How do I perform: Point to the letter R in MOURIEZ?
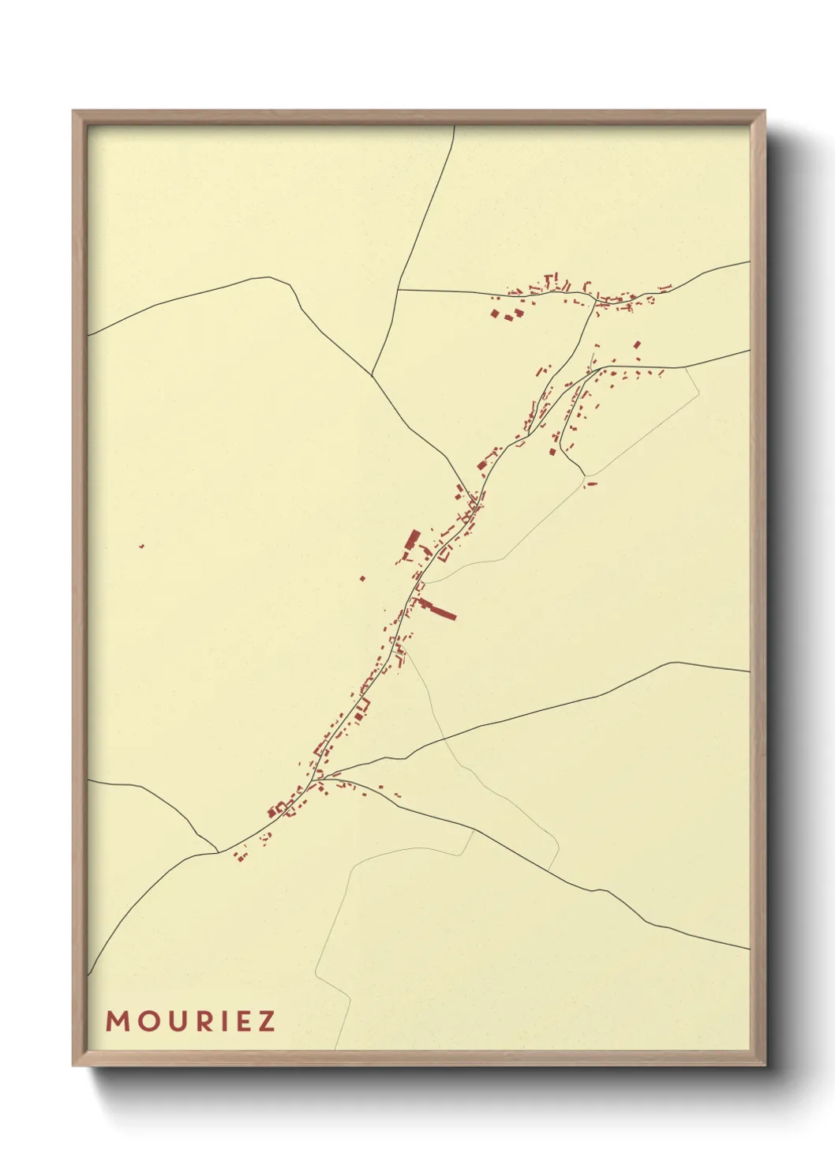tap(203, 1021)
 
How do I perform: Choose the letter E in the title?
tap(242, 1021)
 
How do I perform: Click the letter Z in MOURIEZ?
tap(266, 1021)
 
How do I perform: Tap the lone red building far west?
tap(141, 546)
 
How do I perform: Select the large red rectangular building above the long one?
tap(412, 541)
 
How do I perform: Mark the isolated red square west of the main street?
tap(362, 578)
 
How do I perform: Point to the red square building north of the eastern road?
tap(638, 344)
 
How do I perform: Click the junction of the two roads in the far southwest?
tap(218, 851)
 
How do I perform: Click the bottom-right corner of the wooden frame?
tap(764, 1065)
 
